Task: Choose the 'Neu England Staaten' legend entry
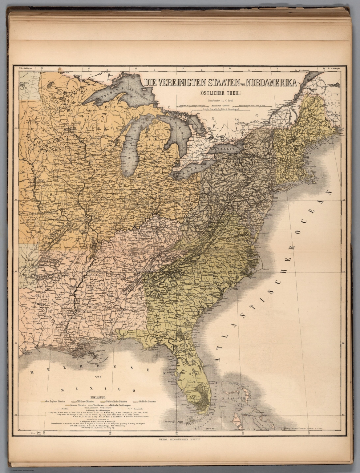pos(54,402)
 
